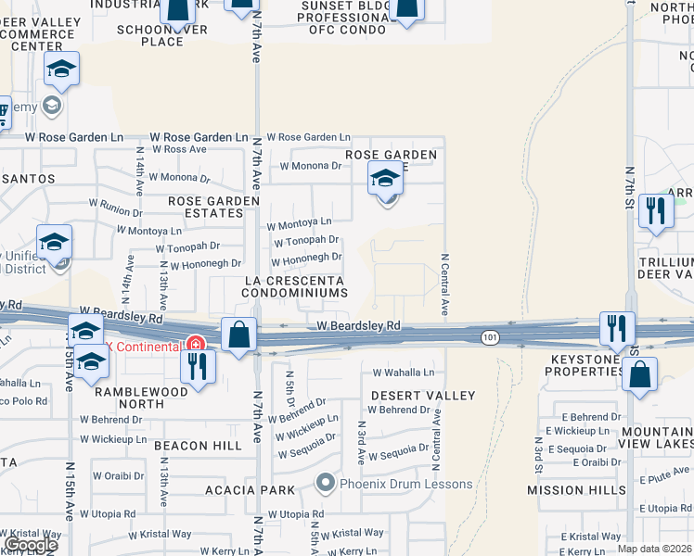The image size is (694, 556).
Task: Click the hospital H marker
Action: click(x=196, y=344)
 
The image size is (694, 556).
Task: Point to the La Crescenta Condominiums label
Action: click(x=295, y=286)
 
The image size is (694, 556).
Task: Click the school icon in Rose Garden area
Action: click(x=383, y=180)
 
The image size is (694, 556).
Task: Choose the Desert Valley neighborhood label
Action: click(x=423, y=396)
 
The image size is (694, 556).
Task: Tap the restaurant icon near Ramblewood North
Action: click(x=197, y=366)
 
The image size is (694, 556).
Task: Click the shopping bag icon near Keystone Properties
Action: click(x=639, y=375)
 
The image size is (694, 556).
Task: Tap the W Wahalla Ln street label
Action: click(x=403, y=373)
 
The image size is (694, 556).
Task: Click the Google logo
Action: click(x=31, y=545)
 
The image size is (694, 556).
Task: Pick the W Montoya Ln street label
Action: click(x=299, y=222)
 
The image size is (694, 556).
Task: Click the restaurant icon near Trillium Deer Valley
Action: click(x=657, y=209)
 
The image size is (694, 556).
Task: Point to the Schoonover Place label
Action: click(x=163, y=35)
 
